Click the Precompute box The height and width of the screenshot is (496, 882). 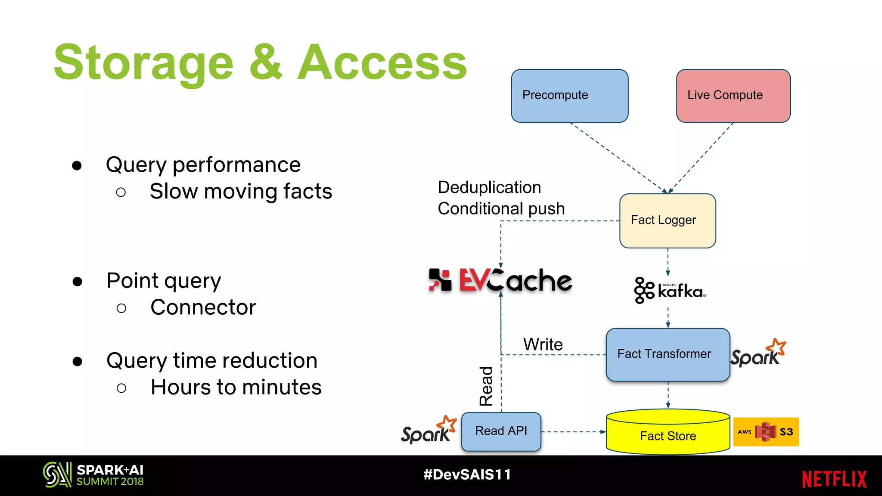[569, 96]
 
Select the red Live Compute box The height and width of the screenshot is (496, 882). [733, 96]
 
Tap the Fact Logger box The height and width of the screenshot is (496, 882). [667, 220]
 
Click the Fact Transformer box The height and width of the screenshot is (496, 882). [667, 354]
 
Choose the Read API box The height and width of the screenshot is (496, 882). [501, 431]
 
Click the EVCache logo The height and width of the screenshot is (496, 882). [500, 280]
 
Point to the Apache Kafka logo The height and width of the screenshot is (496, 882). [670, 291]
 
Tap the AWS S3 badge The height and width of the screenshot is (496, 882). [766, 431]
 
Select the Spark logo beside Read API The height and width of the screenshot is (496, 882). [428, 431]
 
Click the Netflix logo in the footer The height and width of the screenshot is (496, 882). [834, 479]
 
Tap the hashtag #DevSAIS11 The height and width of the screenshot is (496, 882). [467, 474]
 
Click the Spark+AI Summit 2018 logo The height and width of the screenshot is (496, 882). [93, 475]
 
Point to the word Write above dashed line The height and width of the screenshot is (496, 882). [543, 344]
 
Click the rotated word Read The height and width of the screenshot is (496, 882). [486, 386]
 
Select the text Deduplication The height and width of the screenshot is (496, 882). [489, 187]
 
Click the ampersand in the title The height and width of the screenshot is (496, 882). [266, 63]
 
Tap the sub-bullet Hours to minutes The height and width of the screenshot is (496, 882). [236, 387]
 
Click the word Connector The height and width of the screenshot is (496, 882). [203, 307]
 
